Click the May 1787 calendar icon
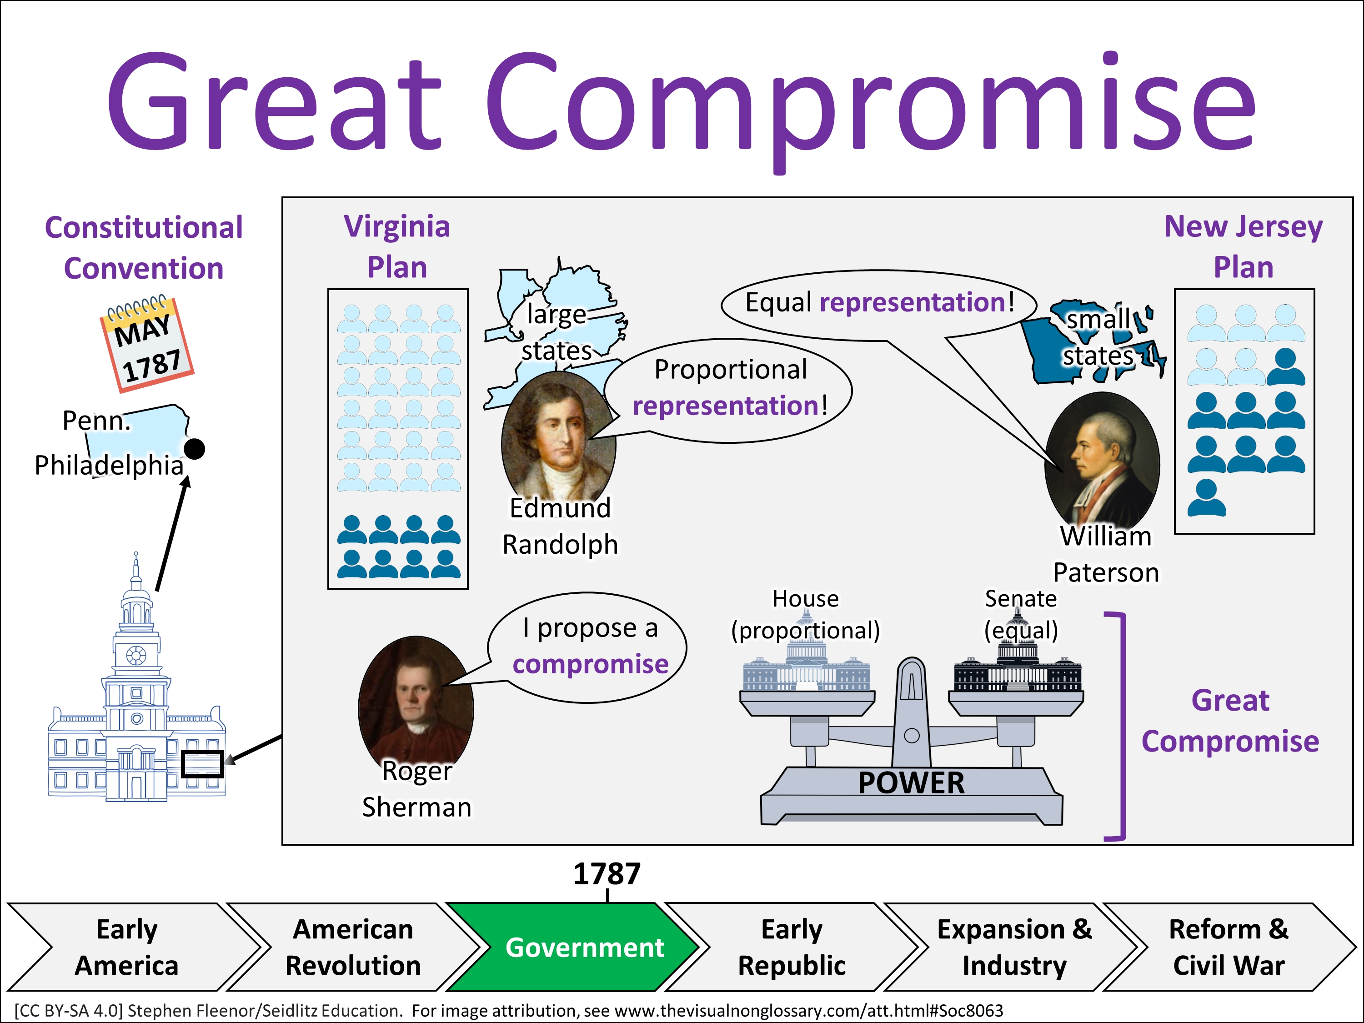147,344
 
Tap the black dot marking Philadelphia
195,449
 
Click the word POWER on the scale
912,783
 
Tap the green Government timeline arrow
573,947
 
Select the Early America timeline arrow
127,947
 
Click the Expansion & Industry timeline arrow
1014,947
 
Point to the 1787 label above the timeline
607,874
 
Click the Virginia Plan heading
397,246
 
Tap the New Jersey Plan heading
1243,246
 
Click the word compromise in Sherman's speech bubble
590,664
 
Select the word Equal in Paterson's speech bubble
778,302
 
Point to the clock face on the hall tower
136,655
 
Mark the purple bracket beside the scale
1121,727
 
